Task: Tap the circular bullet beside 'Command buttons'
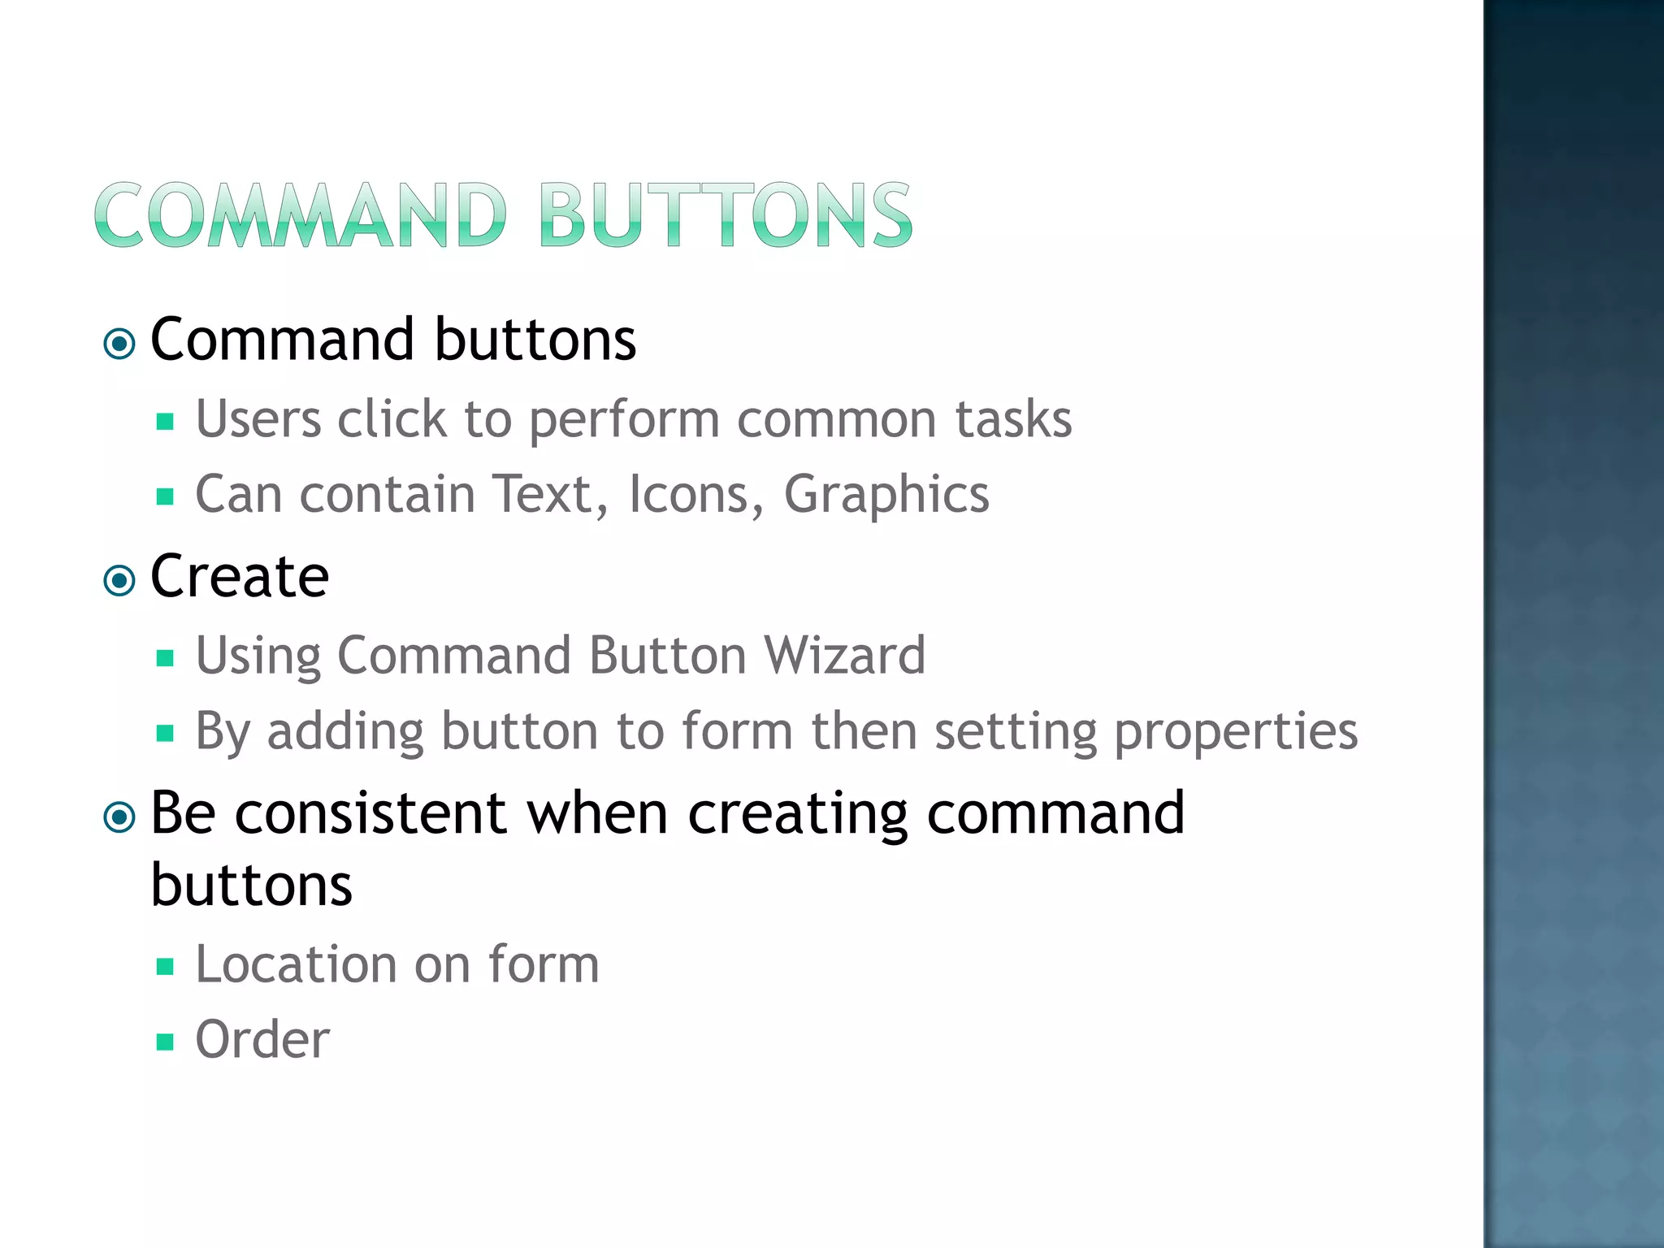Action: (120, 344)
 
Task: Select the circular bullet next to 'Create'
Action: (120, 581)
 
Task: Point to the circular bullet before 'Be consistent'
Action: (120, 817)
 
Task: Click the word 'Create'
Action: (240, 576)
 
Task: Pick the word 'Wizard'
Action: (845, 655)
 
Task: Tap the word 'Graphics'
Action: (886, 495)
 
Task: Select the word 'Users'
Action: (258, 419)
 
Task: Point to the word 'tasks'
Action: (1013, 419)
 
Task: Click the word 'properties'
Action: (1235, 731)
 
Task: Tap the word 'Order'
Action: (262, 1039)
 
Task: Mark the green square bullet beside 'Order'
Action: (166, 1042)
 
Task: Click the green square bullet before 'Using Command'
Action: (166, 657)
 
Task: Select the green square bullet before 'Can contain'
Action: (166, 496)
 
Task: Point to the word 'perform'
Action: (624, 421)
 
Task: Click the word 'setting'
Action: (1016, 731)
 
